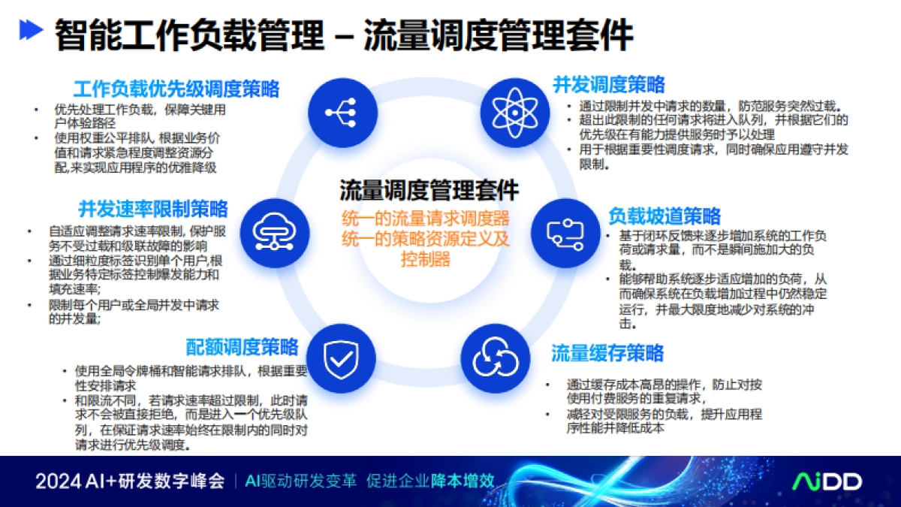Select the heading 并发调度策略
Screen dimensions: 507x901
tap(609, 84)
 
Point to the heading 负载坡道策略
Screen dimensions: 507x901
tap(664, 216)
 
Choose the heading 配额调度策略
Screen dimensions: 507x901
tap(242, 347)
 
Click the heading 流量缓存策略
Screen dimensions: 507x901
tap(607, 353)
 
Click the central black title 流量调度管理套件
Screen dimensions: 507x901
tap(429, 190)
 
